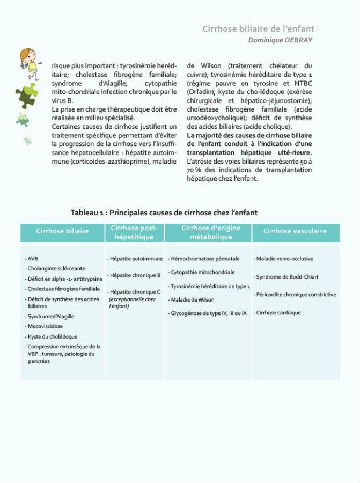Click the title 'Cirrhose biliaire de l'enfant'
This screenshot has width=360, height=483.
click(x=258, y=29)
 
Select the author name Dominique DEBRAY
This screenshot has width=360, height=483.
click(x=281, y=40)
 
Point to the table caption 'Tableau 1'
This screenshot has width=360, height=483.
click(x=164, y=213)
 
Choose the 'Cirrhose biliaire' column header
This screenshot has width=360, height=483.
click(x=62, y=232)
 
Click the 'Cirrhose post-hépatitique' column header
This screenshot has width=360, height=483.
click(x=134, y=232)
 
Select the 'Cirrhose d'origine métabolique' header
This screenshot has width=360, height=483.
click(x=211, y=232)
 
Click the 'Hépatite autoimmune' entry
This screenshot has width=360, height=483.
click(x=135, y=259)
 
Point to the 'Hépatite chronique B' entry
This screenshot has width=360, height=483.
click(x=134, y=275)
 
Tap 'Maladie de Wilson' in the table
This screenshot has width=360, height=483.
click(x=192, y=299)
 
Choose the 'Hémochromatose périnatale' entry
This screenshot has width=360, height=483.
click(x=204, y=259)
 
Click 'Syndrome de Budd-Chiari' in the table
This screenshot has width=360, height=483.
click(x=287, y=277)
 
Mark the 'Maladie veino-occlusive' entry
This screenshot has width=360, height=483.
click(x=284, y=259)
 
